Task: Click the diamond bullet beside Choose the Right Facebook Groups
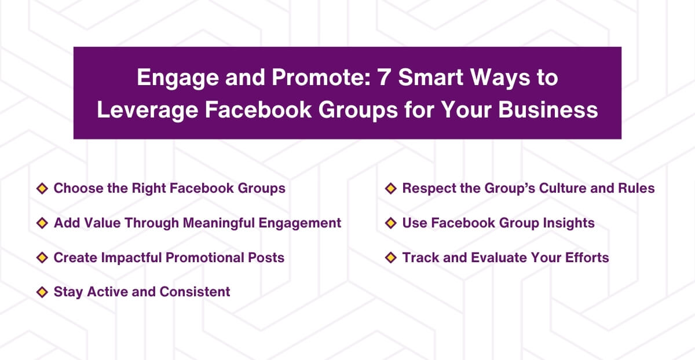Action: (x=42, y=188)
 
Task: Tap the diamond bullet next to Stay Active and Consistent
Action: (x=42, y=292)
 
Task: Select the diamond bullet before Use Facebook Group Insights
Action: (x=390, y=223)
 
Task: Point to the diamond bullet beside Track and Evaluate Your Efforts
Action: (x=390, y=258)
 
